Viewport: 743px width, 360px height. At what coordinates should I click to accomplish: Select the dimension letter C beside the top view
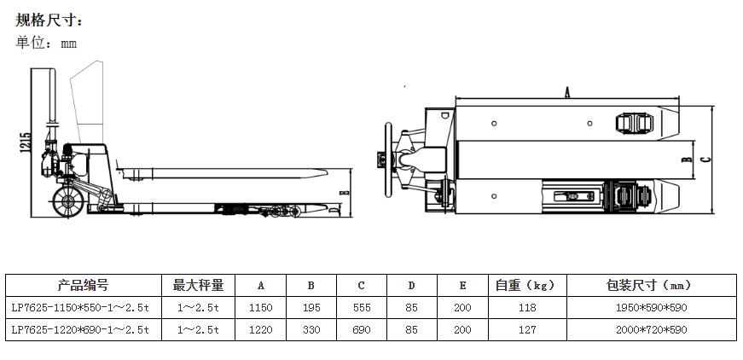705,159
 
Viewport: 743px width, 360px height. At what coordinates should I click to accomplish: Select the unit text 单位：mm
46,43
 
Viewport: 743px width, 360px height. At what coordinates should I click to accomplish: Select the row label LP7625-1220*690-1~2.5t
83,329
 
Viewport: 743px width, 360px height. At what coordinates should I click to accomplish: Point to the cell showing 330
311,329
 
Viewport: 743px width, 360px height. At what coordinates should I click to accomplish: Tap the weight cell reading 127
526,329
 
